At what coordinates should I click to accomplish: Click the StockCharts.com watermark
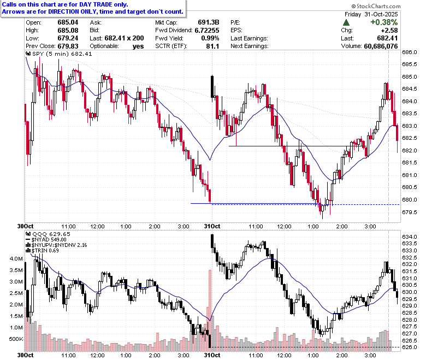(376, 6)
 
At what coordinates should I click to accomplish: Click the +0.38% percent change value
(384, 22)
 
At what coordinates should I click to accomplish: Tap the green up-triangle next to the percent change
(346, 22)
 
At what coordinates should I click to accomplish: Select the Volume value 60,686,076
(381, 46)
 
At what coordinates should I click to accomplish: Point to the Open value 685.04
(68, 22)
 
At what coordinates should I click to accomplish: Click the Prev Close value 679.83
(68, 46)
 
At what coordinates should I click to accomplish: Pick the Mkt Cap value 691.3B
(209, 22)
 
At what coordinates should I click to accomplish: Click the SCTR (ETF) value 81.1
(212, 46)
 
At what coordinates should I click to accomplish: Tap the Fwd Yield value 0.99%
(210, 38)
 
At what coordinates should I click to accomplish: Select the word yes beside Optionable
(138, 46)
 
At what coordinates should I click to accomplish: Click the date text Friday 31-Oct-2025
(371, 14)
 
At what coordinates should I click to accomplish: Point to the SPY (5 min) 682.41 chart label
(59, 54)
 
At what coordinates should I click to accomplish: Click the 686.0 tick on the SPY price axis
(410, 52)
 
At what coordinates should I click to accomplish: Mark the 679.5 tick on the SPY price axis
(410, 212)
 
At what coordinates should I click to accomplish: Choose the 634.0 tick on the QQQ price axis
(410, 237)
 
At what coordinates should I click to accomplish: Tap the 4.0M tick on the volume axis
(16, 258)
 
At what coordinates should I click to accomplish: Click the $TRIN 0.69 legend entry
(43, 251)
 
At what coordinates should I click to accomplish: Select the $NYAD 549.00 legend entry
(46, 240)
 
